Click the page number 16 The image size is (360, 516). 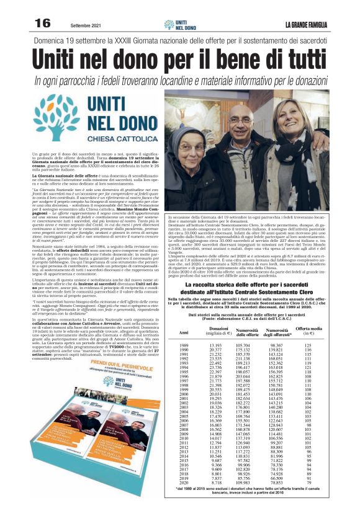(x=42, y=23)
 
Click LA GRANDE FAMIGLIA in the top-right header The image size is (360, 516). (x=313, y=24)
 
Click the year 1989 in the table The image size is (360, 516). (x=184, y=344)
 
